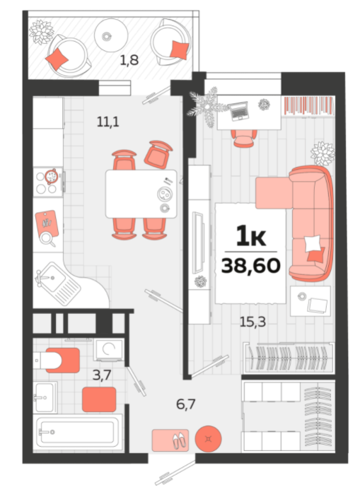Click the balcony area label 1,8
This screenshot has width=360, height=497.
(x=129, y=60)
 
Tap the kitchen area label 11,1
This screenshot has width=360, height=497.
(x=108, y=122)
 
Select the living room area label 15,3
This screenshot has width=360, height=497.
(x=252, y=322)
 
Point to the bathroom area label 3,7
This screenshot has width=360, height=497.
(x=102, y=375)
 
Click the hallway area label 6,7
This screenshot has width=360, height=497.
(x=186, y=404)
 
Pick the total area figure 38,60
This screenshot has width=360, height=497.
(x=250, y=265)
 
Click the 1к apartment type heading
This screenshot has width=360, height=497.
(x=251, y=236)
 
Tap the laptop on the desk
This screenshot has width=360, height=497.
(x=238, y=111)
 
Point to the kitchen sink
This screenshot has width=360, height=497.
(x=58, y=283)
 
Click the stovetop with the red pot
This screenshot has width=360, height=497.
(x=49, y=182)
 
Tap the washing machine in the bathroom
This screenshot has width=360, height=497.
(x=109, y=350)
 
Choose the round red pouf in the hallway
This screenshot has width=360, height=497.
(x=208, y=439)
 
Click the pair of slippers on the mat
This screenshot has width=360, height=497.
(x=180, y=440)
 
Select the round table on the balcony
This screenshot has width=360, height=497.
(x=111, y=35)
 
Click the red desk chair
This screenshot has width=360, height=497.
(x=243, y=138)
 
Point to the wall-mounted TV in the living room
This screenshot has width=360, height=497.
(x=199, y=242)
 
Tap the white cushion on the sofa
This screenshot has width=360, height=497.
(x=313, y=243)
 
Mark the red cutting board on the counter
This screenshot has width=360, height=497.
(x=47, y=224)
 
